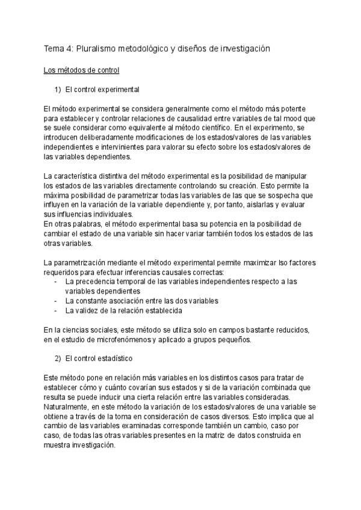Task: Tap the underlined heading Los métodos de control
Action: click(81, 70)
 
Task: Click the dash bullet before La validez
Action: click(56, 310)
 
